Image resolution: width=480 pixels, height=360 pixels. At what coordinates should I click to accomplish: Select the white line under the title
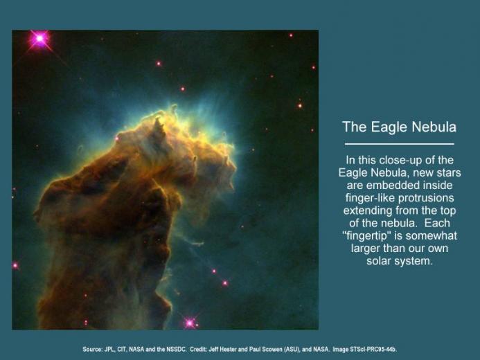click(x=399, y=144)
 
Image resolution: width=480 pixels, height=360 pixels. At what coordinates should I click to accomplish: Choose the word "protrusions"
click(x=426, y=199)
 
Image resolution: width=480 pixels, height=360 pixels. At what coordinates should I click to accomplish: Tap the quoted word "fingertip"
click(x=366, y=236)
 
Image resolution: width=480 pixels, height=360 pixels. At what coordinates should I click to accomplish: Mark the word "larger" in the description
click(x=365, y=249)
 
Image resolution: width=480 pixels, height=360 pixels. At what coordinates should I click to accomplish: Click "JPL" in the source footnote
click(x=109, y=350)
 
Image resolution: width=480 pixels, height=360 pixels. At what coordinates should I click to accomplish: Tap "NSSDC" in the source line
click(x=176, y=350)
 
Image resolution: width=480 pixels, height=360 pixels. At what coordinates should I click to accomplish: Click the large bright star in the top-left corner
click(x=39, y=39)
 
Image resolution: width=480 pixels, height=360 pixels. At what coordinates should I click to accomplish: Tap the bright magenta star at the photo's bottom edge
click(x=190, y=323)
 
